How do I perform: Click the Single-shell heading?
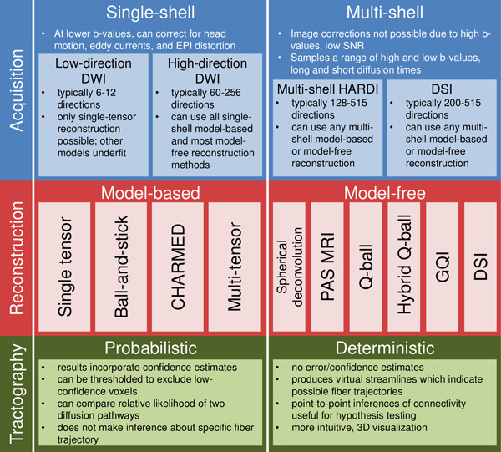click(x=149, y=14)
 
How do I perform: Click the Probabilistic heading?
click(x=149, y=347)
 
